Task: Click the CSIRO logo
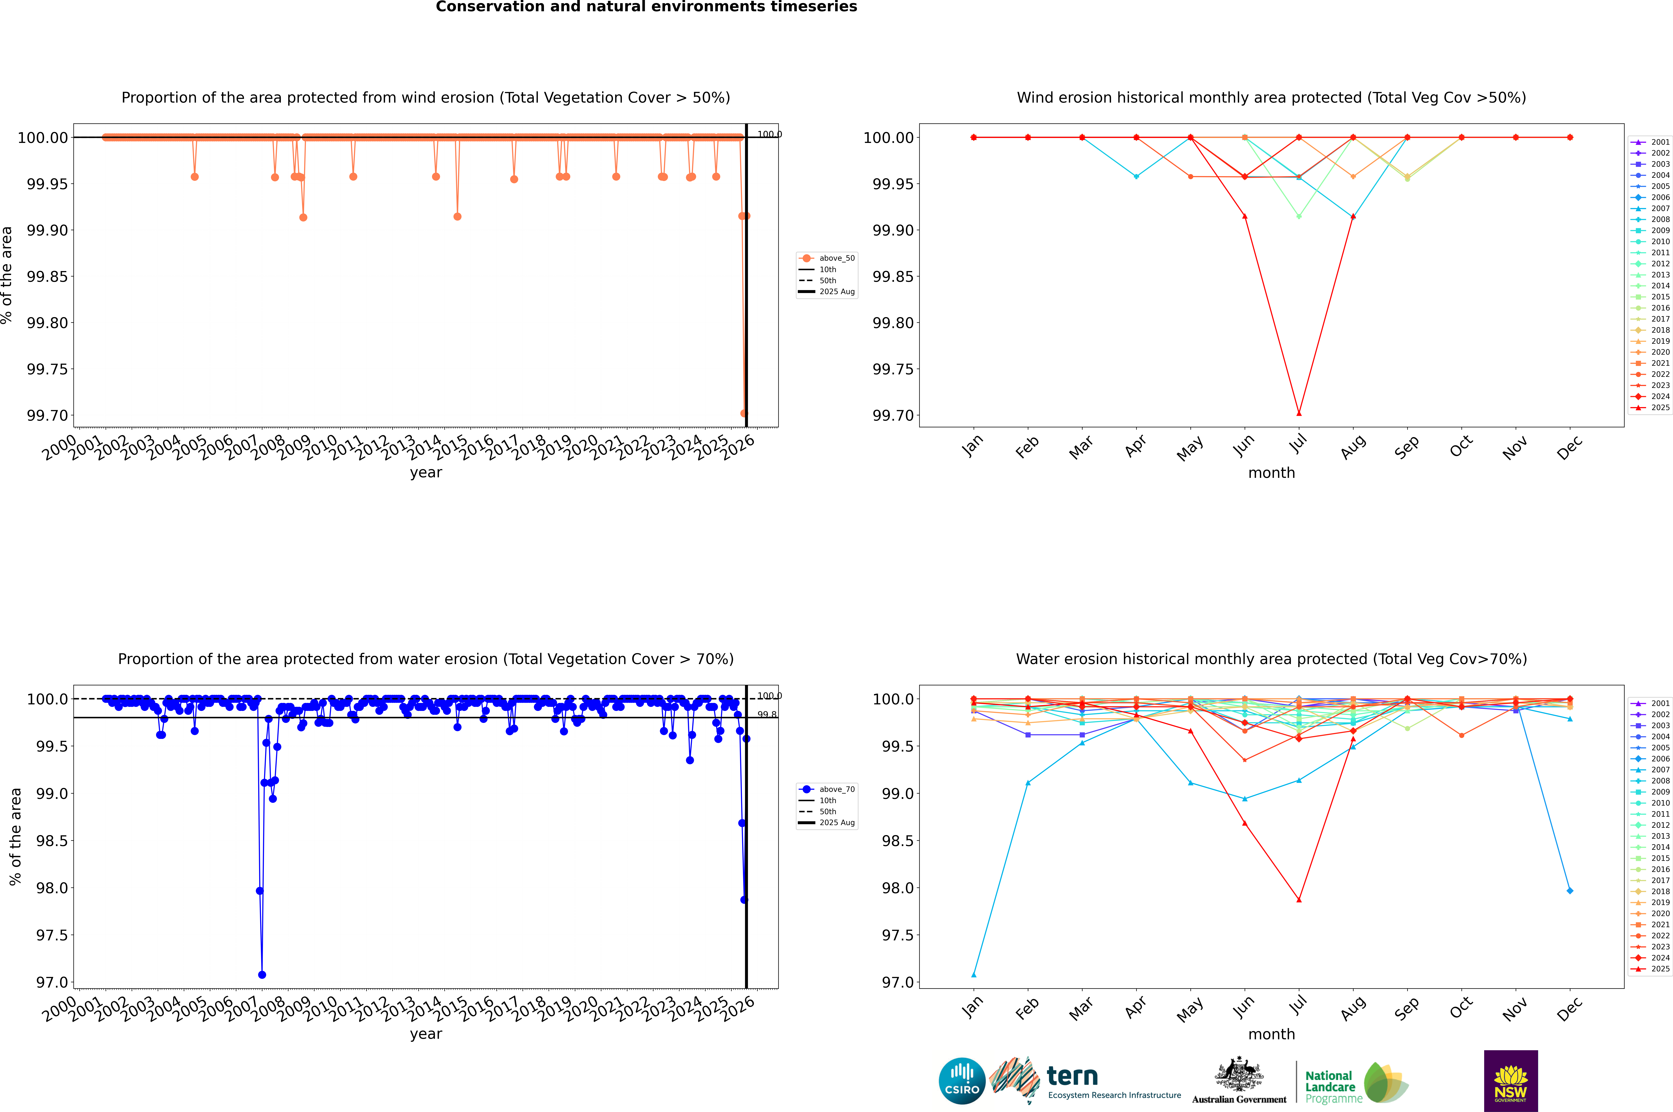962,1081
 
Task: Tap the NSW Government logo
1511,1081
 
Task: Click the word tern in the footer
1072,1077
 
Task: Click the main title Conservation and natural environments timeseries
646,7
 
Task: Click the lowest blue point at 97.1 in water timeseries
262,974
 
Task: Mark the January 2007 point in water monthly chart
974,974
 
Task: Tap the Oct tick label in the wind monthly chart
1461,447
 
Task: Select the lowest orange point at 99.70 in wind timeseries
744,413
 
